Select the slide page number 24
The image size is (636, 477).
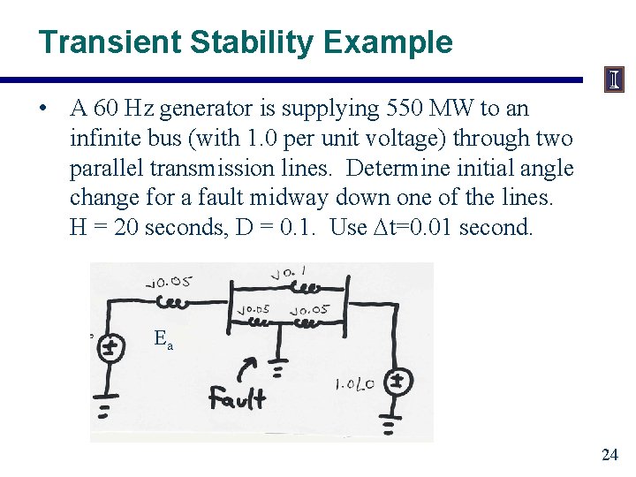(609, 455)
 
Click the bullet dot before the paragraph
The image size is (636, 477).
(42, 110)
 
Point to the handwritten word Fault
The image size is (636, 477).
(237, 398)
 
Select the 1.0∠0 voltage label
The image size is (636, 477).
(356, 383)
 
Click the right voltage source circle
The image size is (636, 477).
(397, 381)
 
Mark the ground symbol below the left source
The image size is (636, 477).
(105, 410)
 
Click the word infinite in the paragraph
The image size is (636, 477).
(104, 139)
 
